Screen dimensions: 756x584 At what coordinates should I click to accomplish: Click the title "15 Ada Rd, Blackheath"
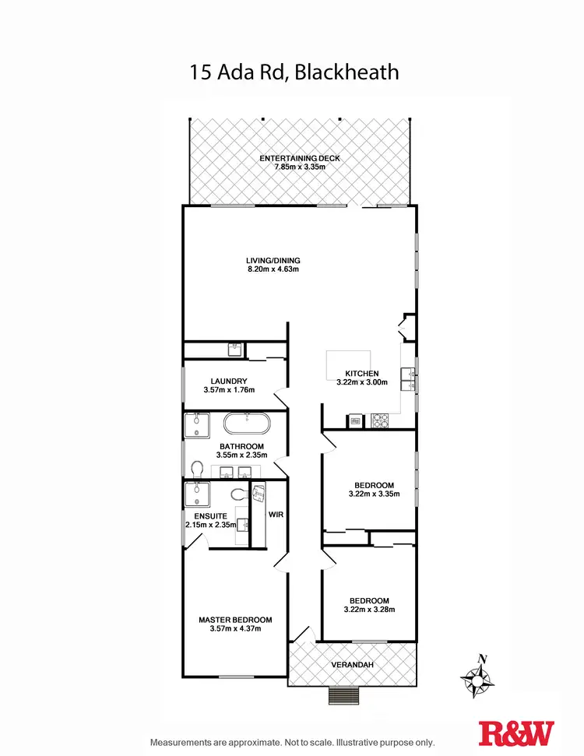tap(294, 72)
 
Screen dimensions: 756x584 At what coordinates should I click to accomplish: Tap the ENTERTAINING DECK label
tap(300, 158)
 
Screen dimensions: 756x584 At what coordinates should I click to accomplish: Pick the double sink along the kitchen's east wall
tap(407, 378)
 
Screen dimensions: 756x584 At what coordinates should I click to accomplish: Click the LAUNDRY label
tap(228, 381)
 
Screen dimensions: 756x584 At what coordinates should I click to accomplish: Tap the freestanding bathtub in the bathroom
tap(247, 425)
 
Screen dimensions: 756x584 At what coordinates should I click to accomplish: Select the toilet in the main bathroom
tap(196, 469)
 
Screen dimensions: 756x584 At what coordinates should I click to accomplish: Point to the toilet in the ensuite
tap(239, 494)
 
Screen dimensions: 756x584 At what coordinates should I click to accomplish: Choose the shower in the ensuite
tap(195, 494)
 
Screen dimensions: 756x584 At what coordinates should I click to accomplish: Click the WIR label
tap(276, 515)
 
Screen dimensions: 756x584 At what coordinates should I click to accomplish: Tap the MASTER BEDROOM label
tap(235, 620)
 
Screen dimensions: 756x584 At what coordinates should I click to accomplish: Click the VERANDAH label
tap(352, 664)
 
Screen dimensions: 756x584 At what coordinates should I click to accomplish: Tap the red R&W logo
tap(517, 733)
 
